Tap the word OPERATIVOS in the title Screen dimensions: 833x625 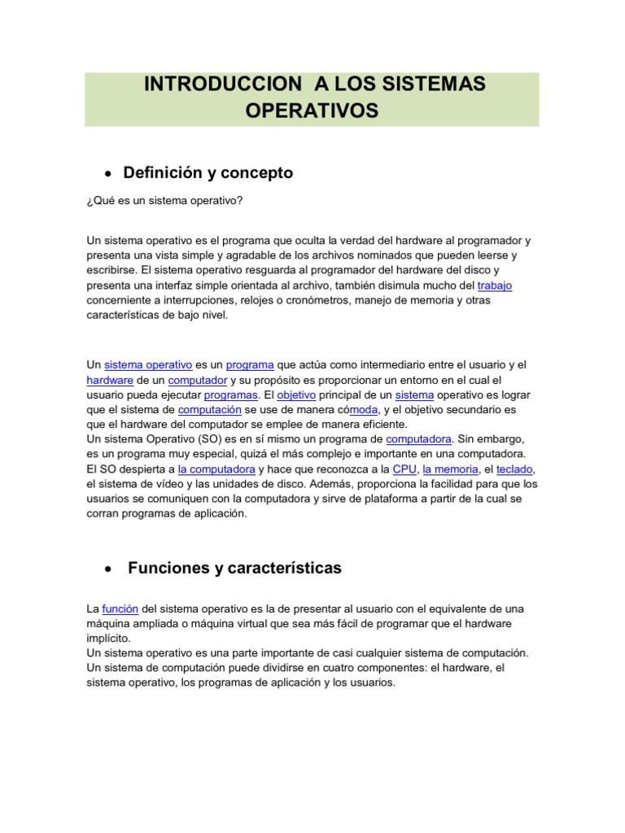(312, 111)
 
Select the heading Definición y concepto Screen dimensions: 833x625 (208, 173)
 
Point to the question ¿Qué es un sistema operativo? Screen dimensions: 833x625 (164, 200)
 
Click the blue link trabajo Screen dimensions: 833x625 (495, 286)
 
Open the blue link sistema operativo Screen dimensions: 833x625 (149, 365)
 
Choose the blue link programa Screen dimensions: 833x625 (250, 365)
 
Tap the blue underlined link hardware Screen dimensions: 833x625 (110, 380)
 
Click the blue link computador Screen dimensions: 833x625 (199, 380)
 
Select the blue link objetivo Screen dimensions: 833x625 (296, 395)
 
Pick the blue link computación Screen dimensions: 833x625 (210, 410)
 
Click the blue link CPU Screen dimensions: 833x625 (404, 469)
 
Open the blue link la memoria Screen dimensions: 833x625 (449, 469)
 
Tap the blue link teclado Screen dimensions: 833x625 (515, 469)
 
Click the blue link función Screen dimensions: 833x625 (120, 608)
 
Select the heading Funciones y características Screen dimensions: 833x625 (235, 569)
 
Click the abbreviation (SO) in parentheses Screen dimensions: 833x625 (203, 439)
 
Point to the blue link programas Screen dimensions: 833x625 (231, 395)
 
